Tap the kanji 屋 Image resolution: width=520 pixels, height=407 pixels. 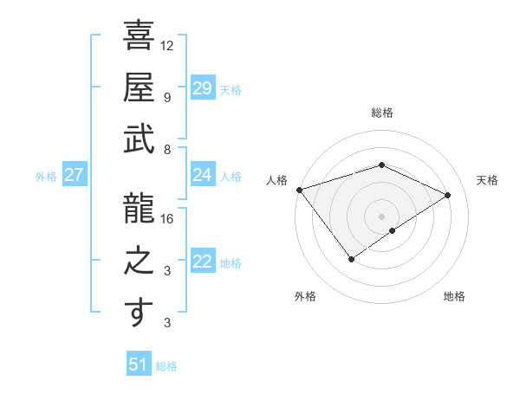coord(139,87)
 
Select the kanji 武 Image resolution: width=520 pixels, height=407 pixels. coord(139,139)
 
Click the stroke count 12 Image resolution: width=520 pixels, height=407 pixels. coord(167,46)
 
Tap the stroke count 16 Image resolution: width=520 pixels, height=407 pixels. coord(167,219)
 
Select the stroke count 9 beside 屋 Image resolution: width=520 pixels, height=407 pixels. coord(167,98)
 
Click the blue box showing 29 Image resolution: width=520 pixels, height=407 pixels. coord(202,87)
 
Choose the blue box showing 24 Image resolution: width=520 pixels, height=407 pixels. coord(202,175)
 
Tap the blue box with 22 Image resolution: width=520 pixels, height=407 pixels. coord(202,262)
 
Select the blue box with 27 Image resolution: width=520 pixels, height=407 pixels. coord(74,175)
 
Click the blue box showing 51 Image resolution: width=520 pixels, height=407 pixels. coord(139,365)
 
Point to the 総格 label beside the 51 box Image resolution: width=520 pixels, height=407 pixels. coord(166,366)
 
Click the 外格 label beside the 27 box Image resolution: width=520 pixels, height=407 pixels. coord(46,177)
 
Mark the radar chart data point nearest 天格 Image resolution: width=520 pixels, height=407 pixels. coord(448,195)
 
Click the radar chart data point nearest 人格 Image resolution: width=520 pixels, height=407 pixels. coord(299,189)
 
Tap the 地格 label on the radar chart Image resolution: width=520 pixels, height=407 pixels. coord(454,296)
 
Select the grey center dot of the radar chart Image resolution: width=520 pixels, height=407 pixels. coord(381,215)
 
